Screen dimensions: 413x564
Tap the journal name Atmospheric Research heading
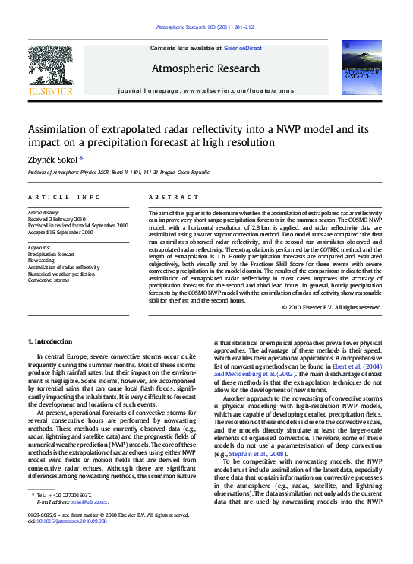pyautogui.click(x=206, y=68)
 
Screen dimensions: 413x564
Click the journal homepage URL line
pyautogui.click(x=206, y=90)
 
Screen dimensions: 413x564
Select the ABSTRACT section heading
pyautogui.click(x=168, y=197)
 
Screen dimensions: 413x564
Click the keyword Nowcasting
pyautogui.click(x=41, y=260)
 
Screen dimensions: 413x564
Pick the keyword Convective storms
pyautogui.click(x=50, y=280)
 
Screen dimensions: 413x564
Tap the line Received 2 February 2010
pyautogui.click(x=58, y=219)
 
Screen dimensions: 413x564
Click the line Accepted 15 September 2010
pyautogui.click(x=61, y=233)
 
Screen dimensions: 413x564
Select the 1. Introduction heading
pyautogui.click(x=50, y=341)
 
